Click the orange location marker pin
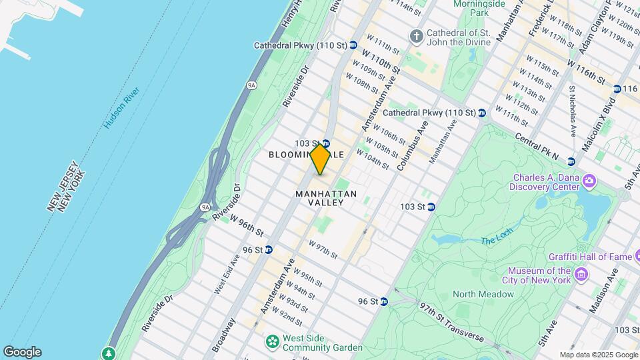320,159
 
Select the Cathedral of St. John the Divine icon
417,35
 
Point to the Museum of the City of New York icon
581,275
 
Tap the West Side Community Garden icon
272,342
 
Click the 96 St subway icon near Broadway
268,249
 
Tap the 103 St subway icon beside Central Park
431,207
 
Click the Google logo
22,352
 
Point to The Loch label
495,240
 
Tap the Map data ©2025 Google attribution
599,355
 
